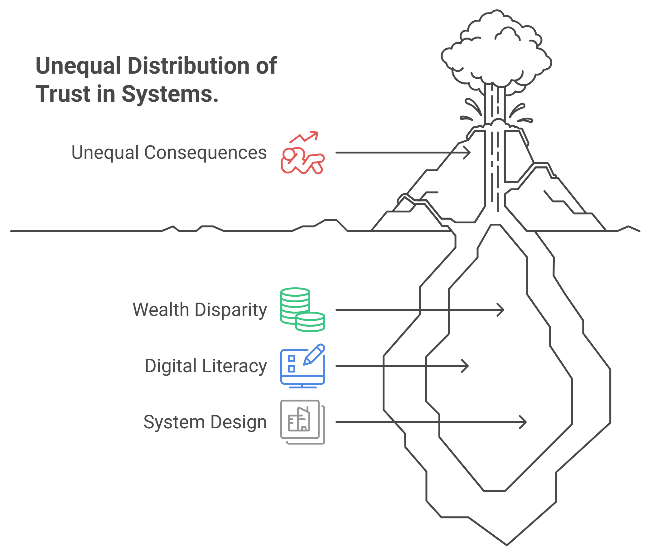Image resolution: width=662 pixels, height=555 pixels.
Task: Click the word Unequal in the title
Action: coord(78,66)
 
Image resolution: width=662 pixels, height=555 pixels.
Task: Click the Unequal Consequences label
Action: coord(169,153)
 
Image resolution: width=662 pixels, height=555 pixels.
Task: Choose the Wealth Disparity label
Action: coord(200,310)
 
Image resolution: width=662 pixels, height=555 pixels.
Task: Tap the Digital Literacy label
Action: coord(205,366)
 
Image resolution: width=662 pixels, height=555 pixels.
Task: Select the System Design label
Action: coord(205,422)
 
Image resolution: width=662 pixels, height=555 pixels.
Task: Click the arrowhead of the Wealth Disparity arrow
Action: coord(502,310)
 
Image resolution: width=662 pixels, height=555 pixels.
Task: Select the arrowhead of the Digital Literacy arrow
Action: coord(467,366)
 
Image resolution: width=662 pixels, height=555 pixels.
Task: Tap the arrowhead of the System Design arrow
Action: coord(524,422)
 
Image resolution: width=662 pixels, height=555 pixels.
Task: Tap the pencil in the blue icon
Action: coord(314,354)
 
